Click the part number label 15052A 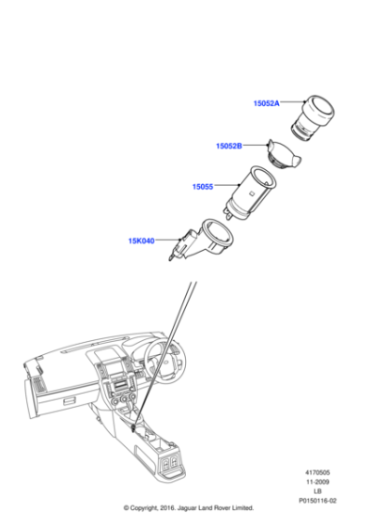[266, 104]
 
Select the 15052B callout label [228, 147]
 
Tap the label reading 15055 [203, 187]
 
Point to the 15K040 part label [141, 240]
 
